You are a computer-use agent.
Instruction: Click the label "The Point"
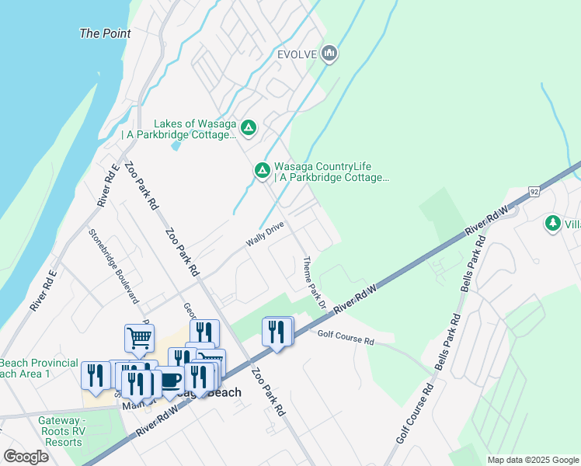coord(105,33)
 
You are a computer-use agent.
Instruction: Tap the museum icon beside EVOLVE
coord(329,53)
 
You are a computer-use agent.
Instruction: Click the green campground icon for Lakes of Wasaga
coord(248,127)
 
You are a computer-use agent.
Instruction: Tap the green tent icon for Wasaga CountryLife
coord(263,169)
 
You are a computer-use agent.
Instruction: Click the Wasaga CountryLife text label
coord(332,172)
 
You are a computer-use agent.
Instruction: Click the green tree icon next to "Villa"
coord(552,224)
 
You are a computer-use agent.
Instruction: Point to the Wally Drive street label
coord(265,234)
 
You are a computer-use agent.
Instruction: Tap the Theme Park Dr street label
coord(312,281)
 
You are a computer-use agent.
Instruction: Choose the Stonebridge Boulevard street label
coord(113,265)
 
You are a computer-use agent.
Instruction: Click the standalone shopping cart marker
coord(139,338)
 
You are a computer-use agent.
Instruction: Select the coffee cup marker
coord(169,381)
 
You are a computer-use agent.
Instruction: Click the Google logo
coord(26,457)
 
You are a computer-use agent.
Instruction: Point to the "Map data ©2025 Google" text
coord(532,460)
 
